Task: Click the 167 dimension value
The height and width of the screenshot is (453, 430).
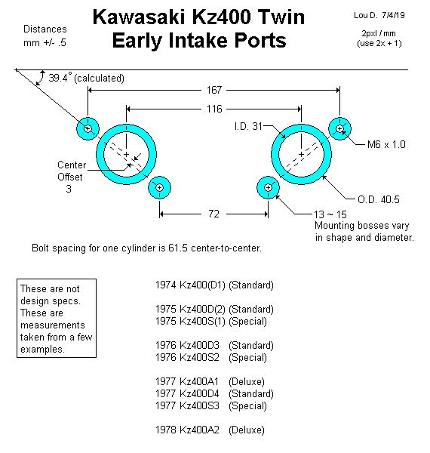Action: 214,90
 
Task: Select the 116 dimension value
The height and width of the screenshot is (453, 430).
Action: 214,109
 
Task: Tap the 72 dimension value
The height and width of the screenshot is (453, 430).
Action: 213,214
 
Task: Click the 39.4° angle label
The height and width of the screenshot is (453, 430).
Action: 60,78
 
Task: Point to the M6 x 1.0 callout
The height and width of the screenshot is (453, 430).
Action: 386,144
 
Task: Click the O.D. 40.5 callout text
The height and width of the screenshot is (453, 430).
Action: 379,199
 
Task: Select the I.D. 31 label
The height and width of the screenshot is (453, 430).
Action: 248,126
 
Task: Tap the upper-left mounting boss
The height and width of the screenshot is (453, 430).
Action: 88,128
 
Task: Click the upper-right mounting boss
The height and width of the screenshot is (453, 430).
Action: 340,128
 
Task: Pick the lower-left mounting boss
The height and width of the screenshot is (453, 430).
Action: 160,187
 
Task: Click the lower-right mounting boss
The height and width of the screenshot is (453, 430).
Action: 268,187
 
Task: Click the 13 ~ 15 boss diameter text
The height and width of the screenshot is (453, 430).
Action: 330,214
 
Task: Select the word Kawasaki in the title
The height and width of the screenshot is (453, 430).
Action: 139,17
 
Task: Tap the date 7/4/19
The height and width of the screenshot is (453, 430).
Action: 393,15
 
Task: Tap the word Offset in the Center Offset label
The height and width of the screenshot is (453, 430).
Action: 70,177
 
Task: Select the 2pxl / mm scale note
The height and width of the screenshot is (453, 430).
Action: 379,33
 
